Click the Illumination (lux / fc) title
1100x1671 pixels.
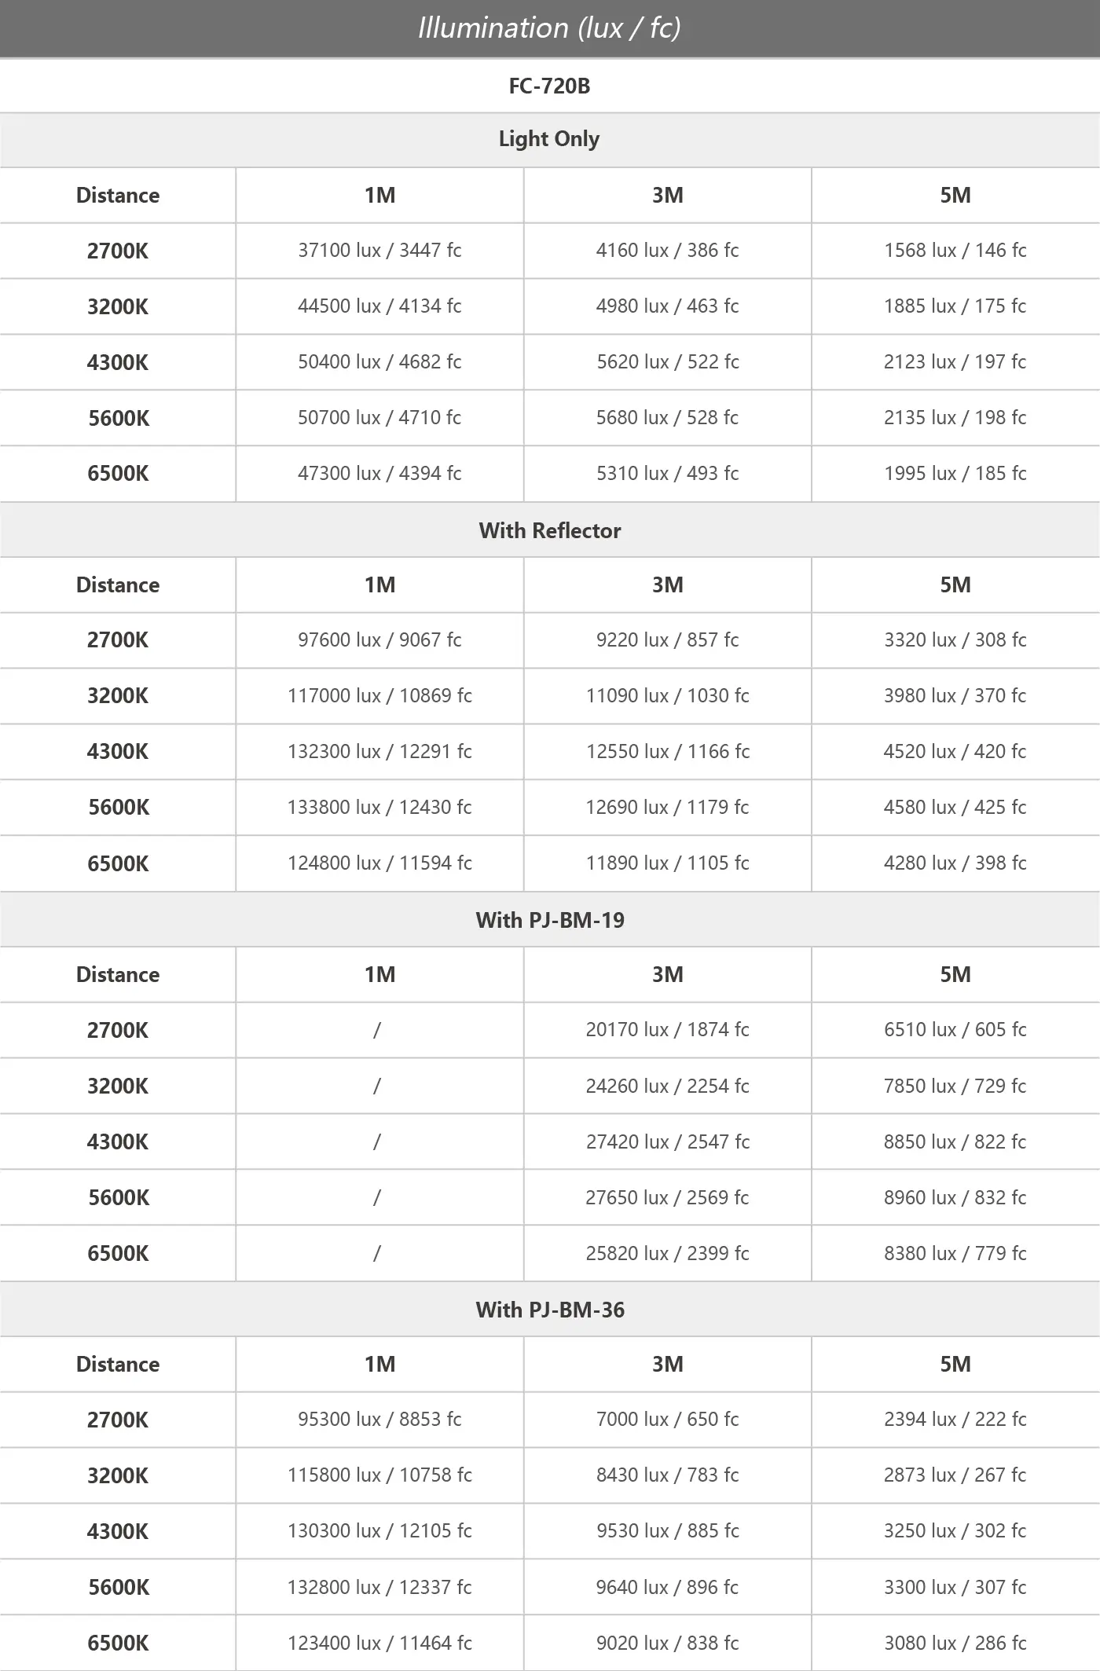click(x=549, y=28)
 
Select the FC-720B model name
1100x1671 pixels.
click(x=549, y=86)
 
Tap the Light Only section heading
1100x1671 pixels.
click(x=549, y=139)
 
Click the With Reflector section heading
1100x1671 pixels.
click(x=549, y=530)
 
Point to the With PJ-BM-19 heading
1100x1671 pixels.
click(x=549, y=920)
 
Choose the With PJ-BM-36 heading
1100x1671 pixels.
click(x=549, y=1310)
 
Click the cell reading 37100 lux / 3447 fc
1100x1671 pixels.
click(x=379, y=251)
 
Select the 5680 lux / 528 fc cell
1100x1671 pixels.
click(x=667, y=417)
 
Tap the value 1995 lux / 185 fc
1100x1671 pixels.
click(x=955, y=473)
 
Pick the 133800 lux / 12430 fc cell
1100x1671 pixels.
click(x=379, y=807)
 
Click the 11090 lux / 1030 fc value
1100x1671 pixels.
click(x=667, y=695)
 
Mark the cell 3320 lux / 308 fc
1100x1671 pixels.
click(x=955, y=639)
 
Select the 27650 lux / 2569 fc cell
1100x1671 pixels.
click(x=667, y=1197)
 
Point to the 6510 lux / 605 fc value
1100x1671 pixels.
click(x=955, y=1029)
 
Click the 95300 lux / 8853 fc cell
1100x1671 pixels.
click(x=379, y=1419)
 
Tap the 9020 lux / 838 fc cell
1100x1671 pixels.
click(x=667, y=1643)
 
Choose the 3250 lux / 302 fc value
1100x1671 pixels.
click(x=955, y=1530)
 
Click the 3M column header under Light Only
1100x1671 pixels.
click(x=667, y=195)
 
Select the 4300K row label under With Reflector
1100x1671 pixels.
click(x=118, y=751)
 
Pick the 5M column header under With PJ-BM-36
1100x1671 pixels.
click(x=955, y=1364)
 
